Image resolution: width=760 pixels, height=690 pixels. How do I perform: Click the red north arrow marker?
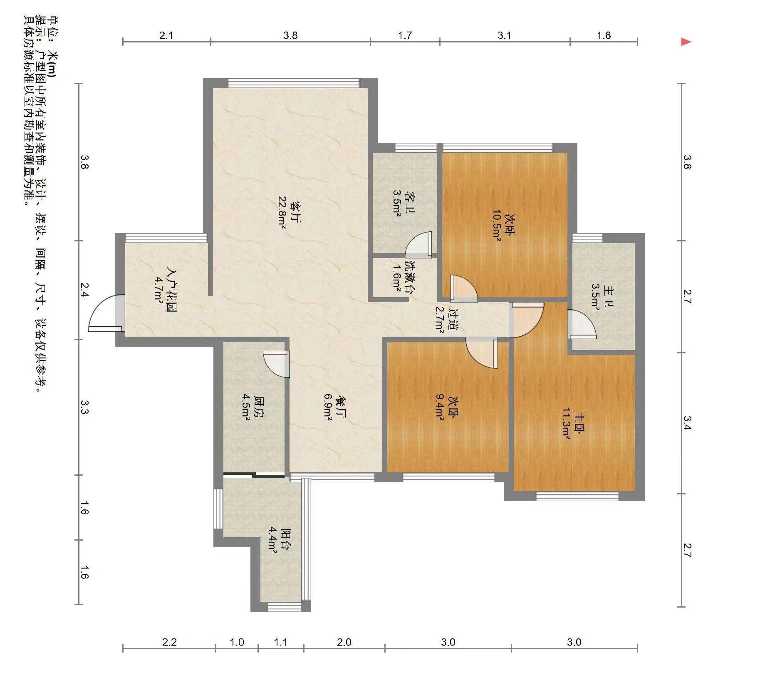tap(686, 42)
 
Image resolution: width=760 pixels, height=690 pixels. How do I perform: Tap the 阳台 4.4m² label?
tap(279, 540)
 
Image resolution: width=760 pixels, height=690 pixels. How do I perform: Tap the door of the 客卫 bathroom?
tap(418, 245)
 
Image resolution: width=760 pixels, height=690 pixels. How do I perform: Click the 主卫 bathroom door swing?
tap(582, 324)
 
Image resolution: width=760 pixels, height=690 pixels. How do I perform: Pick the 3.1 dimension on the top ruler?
tap(504, 35)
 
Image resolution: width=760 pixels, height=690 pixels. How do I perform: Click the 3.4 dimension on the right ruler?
tap(687, 422)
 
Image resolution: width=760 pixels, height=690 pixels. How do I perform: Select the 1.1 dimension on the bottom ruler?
tap(281, 642)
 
